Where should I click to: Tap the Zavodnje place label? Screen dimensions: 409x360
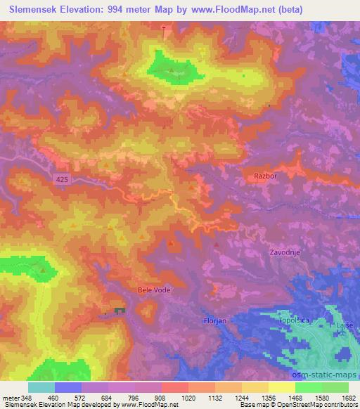pos(287,252)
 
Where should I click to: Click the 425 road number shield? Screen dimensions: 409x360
pos(63,180)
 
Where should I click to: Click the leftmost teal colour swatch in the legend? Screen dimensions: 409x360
pos(41,387)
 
